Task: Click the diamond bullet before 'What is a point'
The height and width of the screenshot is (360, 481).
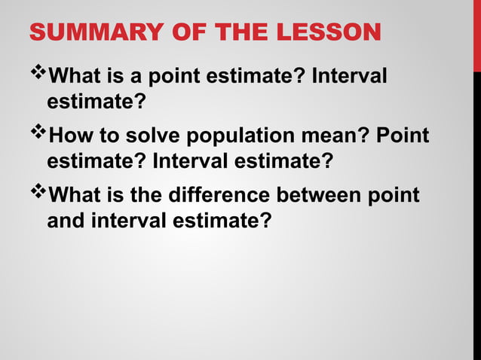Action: point(36,74)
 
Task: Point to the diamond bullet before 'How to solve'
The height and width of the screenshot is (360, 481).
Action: point(36,134)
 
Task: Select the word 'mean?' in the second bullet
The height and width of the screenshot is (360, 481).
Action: point(329,136)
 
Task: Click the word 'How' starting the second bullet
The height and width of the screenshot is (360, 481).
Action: point(67,136)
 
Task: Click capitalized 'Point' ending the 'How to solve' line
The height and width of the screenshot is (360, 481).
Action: point(403,136)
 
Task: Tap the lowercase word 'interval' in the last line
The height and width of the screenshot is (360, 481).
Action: point(116,222)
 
